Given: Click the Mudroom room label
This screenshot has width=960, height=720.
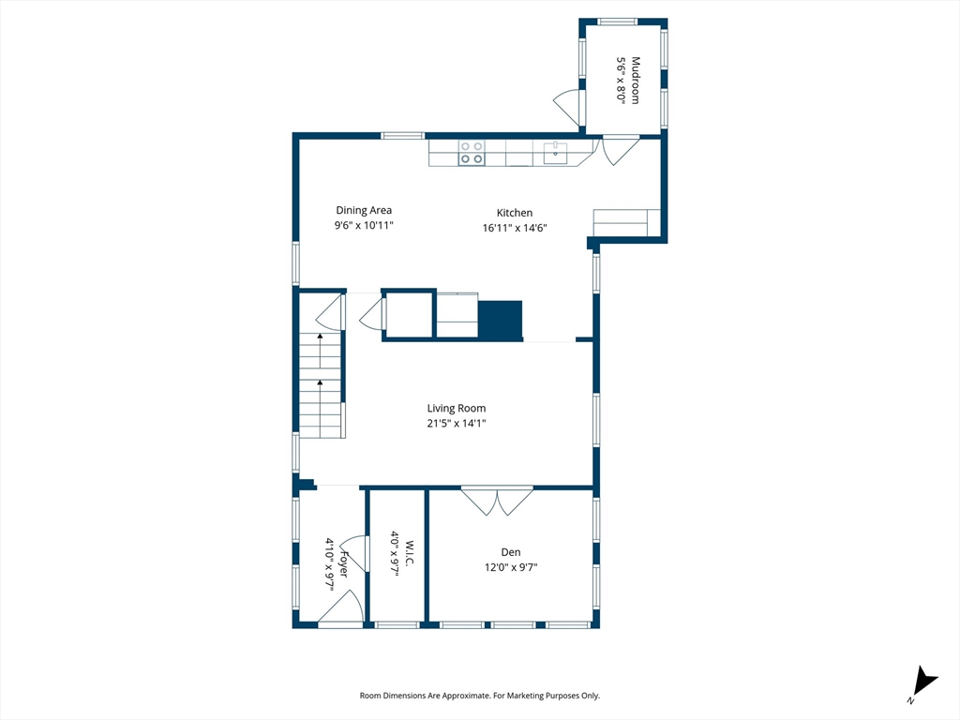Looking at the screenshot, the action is [636, 81].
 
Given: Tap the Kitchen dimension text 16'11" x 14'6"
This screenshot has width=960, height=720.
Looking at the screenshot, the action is [515, 228].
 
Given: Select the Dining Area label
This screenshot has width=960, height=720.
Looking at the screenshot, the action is [364, 210].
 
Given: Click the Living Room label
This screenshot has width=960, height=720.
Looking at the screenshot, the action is [457, 409].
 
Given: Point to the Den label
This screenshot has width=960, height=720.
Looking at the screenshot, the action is [511, 552].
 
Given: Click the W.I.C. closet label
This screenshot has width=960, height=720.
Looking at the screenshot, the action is [410, 553].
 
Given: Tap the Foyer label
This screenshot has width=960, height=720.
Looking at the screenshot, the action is [344, 563].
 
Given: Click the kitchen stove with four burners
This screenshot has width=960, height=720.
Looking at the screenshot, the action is [472, 153].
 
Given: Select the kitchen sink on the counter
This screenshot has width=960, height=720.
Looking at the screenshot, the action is [556, 153].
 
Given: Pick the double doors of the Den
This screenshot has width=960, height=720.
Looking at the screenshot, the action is [497, 501].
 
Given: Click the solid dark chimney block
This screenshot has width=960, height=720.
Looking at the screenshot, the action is [501, 321].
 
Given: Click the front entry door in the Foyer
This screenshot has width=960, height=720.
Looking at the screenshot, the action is [341, 608].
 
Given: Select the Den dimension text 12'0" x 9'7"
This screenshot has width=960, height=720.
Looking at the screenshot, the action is [511, 567].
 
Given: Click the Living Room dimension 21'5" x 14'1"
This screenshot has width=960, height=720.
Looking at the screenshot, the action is [457, 423].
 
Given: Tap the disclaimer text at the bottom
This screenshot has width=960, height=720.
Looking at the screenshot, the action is [479, 696].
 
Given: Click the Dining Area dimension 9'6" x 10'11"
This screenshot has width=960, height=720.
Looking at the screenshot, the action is [364, 225].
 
